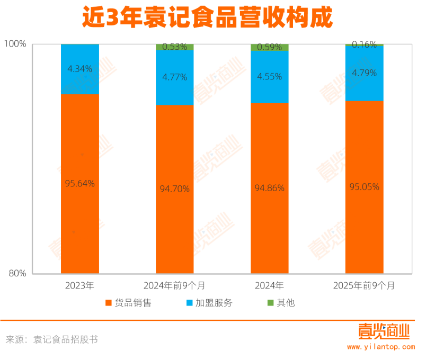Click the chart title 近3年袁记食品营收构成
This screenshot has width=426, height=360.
coord(207,18)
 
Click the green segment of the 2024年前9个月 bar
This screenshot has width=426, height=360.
coord(175,47)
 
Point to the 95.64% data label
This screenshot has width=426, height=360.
coord(80,184)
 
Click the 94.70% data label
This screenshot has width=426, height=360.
coord(175,188)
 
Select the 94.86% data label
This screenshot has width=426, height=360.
coord(270,187)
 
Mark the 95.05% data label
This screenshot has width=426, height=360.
coord(364,186)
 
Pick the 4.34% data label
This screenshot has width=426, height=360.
coord(80,68)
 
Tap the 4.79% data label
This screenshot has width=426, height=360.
coord(364,73)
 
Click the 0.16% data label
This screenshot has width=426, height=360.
coord(364,44)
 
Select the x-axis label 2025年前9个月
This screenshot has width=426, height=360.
coord(364,286)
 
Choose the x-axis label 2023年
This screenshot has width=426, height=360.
coord(80,286)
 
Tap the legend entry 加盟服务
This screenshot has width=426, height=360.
coord(214,303)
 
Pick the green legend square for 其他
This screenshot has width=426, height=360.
coord(270,303)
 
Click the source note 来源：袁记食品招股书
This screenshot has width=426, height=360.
coord(52,339)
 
